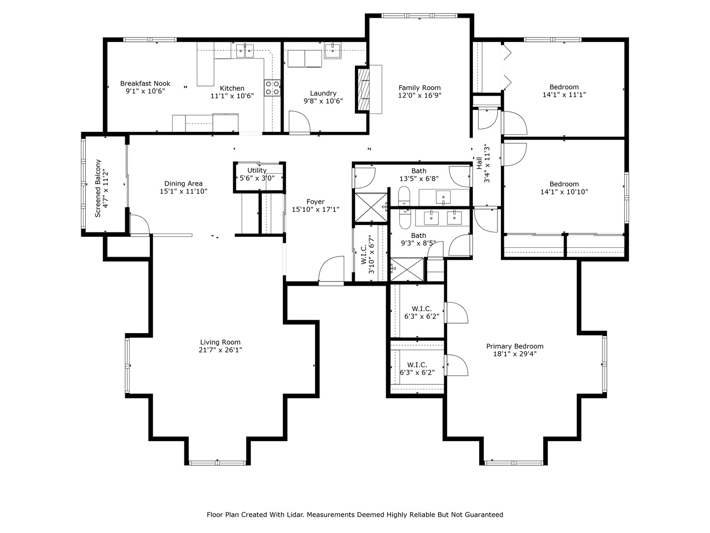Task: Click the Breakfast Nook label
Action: [145, 83]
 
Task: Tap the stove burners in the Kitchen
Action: [272, 88]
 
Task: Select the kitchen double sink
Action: [245, 51]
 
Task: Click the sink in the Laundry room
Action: [332, 51]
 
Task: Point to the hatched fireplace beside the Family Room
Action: [362, 90]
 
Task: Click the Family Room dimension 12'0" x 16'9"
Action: [420, 95]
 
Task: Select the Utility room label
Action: [257, 170]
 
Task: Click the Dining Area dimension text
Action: [183, 191]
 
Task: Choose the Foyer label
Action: [316, 202]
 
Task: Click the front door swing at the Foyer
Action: [331, 269]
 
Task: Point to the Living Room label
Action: [220, 342]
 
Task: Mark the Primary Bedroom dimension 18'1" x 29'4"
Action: [515, 354]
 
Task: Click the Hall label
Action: [479, 163]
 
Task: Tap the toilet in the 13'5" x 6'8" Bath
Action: [404, 196]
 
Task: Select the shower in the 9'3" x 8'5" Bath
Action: [407, 269]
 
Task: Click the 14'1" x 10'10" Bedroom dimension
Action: [564, 191]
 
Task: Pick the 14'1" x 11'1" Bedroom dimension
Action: [564, 95]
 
